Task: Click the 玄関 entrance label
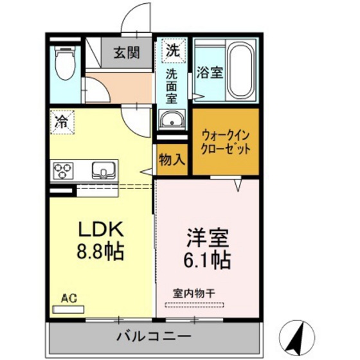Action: click(x=127, y=53)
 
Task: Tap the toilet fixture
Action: click(x=64, y=65)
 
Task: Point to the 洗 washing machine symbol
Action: click(x=172, y=49)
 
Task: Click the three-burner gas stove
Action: click(x=64, y=172)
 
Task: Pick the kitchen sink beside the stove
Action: click(x=104, y=171)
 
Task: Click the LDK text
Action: click(x=100, y=229)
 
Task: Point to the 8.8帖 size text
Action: click(x=101, y=251)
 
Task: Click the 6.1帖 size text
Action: click(x=208, y=260)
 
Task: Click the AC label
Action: click(x=68, y=298)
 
